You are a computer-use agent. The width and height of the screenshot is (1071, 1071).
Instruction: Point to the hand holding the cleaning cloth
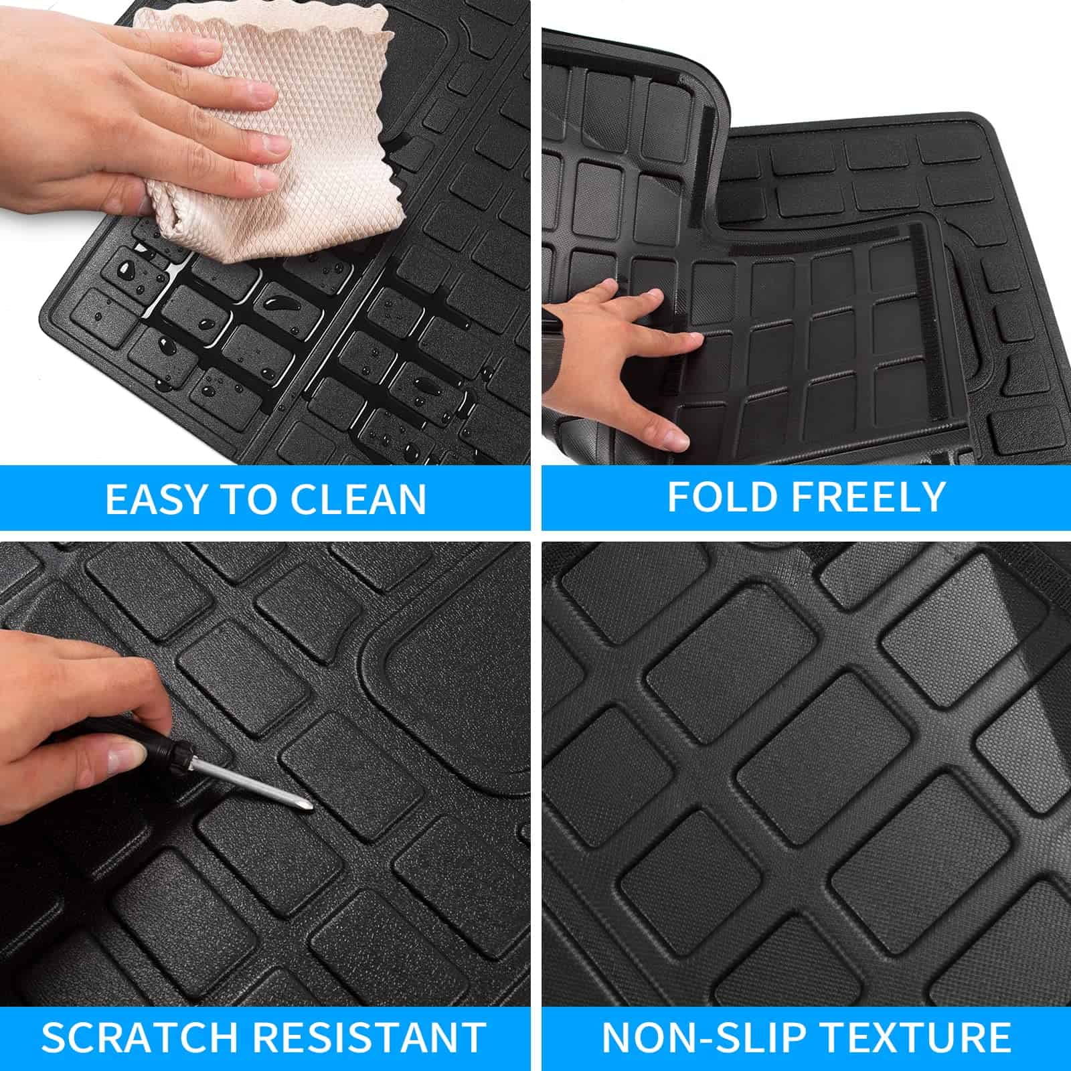[x=134, y=114]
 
